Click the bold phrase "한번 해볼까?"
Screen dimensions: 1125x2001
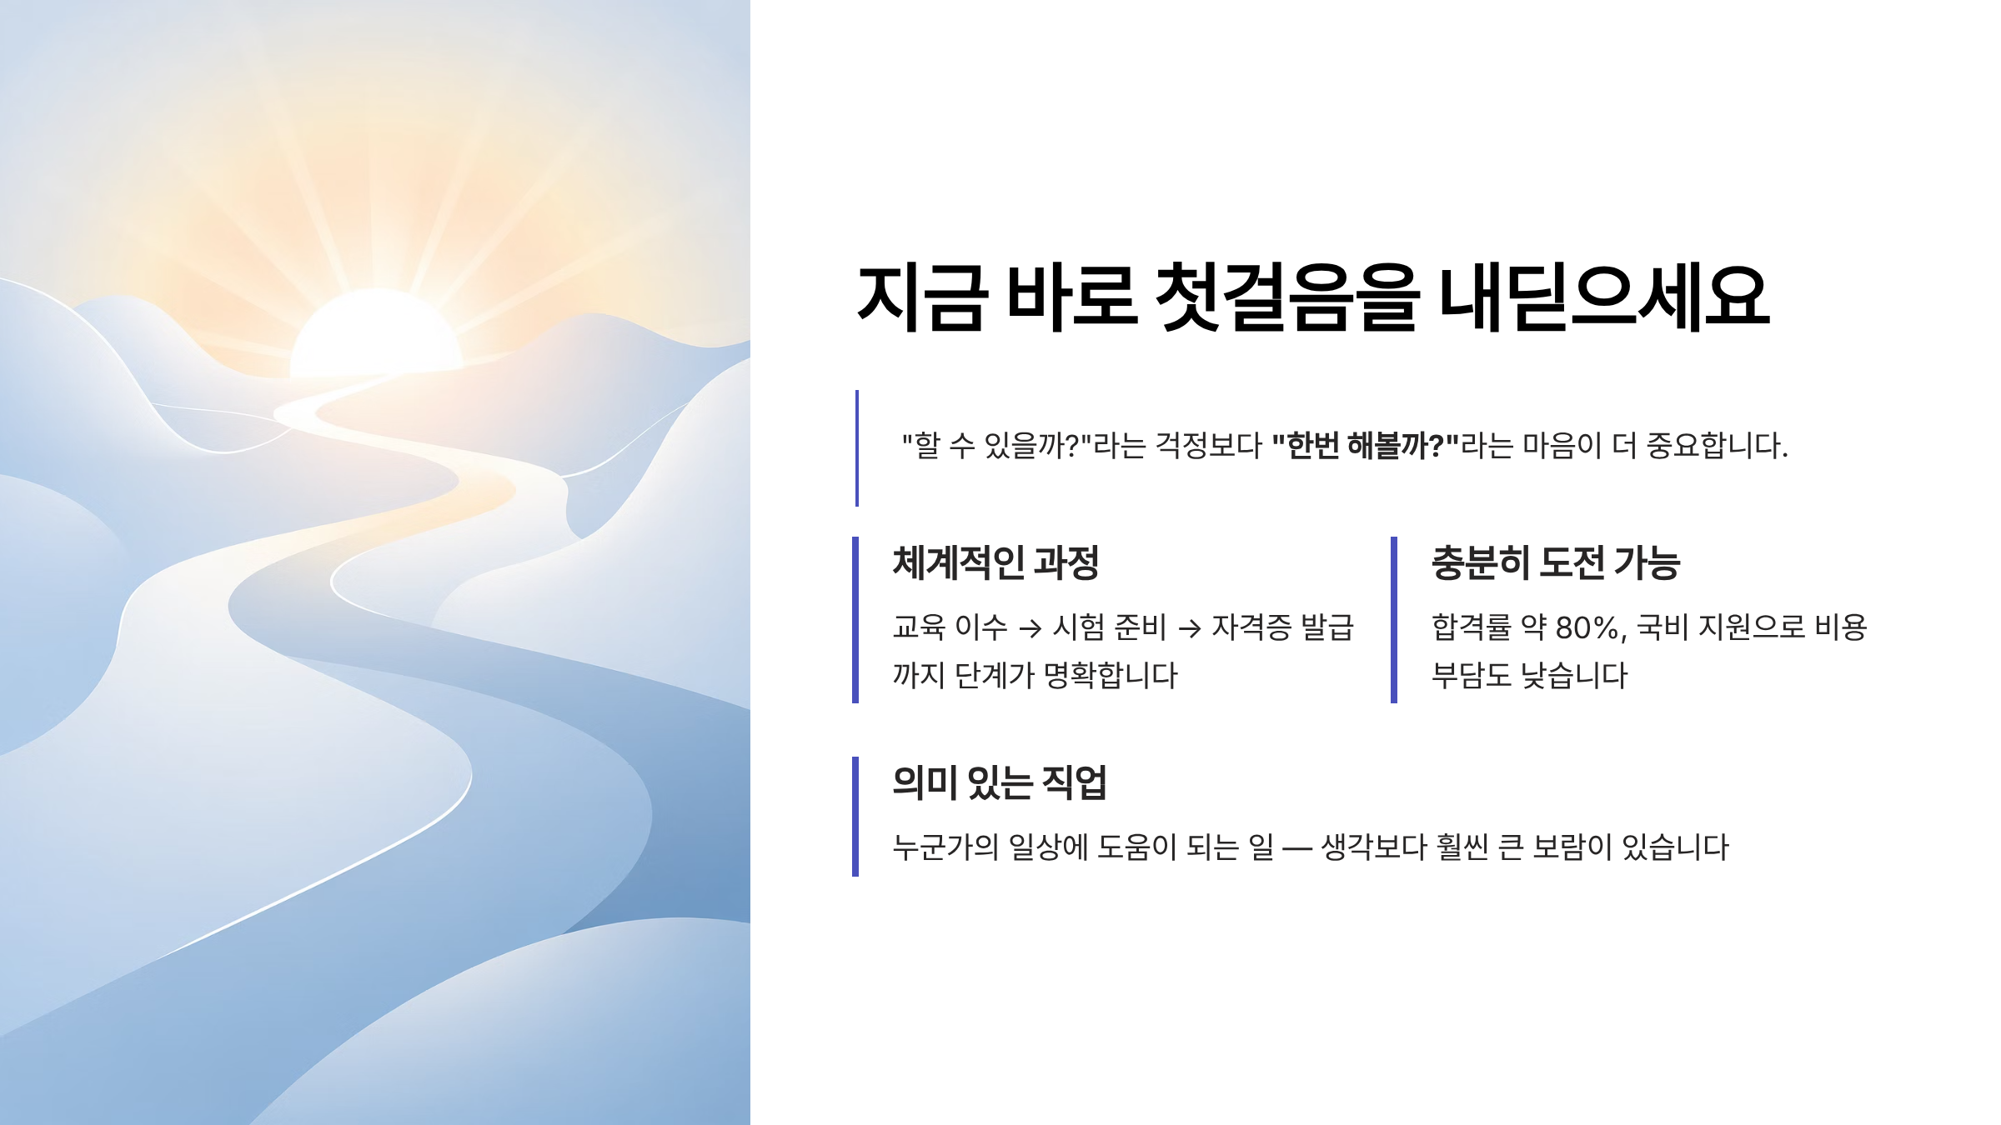coord(1365,446)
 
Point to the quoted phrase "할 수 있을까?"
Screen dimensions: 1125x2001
coord(997,446)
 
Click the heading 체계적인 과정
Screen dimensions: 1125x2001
coord(995,563)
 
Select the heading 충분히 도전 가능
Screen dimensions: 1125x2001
coord(1556,563)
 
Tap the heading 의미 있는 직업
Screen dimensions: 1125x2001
coord(999,783)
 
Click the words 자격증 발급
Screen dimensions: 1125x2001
coord(1282,627)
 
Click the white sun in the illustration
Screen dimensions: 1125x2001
coord(377,333)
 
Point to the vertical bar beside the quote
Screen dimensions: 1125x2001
coord(857,448)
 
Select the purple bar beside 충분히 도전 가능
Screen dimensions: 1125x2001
coord(1394,620)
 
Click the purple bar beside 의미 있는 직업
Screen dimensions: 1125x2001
coord(855,817)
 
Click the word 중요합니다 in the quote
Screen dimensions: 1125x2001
coord(1717,446)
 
